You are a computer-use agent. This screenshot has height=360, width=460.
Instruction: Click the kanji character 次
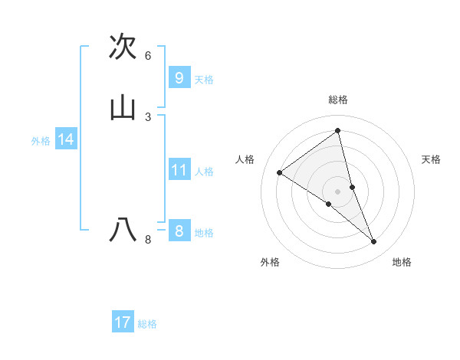[123, 47]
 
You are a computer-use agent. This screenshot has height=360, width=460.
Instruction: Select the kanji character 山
[123, 108]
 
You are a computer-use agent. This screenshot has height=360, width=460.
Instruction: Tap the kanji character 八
[123, 230]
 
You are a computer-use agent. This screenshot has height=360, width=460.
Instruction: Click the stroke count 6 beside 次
[148, 56]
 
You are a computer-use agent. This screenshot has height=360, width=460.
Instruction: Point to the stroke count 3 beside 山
[148, 116]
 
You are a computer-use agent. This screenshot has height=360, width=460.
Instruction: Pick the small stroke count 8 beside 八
[148, 240]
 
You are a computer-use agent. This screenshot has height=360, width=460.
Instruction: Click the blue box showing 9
[179, 77]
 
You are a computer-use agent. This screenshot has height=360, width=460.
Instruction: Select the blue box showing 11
[179, 169]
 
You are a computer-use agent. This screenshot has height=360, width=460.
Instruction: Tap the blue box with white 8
[179, 231]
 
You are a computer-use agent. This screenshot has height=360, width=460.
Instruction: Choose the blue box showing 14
[66, 139]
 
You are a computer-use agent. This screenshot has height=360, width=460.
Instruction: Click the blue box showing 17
[123, 322]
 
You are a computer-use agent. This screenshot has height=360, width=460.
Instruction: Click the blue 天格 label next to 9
[204, 80]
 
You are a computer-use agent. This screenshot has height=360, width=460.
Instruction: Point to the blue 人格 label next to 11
[204, 172]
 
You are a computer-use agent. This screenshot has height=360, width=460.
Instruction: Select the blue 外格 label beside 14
[41, 141]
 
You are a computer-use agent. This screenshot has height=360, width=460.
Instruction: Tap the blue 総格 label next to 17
[147, 324]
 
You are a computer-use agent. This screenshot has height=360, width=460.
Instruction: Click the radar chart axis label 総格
[338, 100]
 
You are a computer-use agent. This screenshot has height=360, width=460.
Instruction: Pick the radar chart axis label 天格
[431, 159]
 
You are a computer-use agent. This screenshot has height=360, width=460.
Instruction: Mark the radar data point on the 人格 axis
[280, 173]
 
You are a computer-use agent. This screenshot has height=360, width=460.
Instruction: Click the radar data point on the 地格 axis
[374, 242]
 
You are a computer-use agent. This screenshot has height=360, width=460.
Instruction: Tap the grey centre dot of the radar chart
[338, 191]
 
